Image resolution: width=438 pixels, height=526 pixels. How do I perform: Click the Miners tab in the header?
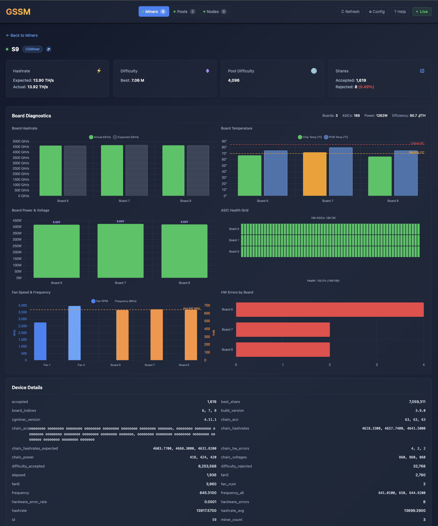(154, 12)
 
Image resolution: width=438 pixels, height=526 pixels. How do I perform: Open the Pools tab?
(184, 12)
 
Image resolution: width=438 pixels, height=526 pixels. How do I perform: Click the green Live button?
(422, 12)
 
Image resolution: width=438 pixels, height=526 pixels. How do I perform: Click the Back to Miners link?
(22, 35)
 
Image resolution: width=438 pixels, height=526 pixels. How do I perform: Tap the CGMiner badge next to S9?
(33, 49)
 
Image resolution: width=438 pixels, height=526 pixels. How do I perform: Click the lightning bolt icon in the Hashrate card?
(99, 71)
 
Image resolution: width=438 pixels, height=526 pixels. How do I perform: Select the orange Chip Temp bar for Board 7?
(315, 174)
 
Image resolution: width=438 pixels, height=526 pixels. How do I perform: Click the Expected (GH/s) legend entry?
(126, 137)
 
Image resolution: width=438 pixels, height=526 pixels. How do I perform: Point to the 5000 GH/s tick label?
(21, 141)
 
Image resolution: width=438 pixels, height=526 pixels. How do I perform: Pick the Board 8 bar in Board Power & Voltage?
(184, 251)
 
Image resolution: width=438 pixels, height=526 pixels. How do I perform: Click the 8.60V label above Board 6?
(57, 222)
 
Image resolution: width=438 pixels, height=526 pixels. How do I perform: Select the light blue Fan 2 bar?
(74, 333)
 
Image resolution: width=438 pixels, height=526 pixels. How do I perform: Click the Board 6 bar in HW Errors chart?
(330, 310)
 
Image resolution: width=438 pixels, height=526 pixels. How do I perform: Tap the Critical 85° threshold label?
(417, 143)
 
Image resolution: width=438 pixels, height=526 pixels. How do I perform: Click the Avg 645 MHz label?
(192, 308)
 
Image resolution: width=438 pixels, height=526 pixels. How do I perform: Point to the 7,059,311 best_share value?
(417, 402)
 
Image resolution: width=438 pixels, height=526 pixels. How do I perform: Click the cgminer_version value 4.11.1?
(210, 420)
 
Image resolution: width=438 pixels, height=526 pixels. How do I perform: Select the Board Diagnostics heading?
(31, 116)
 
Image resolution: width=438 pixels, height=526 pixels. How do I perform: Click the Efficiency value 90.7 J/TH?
(417, 116)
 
